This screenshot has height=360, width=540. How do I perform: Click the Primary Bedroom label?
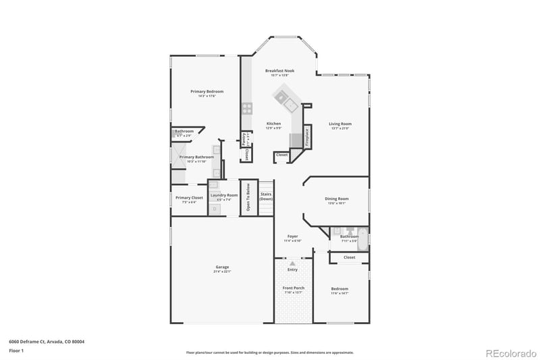207,91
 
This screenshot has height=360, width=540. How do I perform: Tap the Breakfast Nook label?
279,70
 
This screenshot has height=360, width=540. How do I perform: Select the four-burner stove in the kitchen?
247,108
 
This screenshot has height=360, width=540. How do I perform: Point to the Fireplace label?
307,136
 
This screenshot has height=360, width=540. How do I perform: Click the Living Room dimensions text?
340,129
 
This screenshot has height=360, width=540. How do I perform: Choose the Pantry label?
244,139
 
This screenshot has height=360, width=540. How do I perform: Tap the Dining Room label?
337,199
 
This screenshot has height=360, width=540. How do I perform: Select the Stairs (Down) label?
267,197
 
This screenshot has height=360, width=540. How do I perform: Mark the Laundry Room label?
223,195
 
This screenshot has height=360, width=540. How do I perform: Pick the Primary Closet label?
189,198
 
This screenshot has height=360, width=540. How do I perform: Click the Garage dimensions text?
222,272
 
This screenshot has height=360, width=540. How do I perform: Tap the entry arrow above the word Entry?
292,263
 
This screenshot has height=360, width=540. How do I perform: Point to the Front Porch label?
293,288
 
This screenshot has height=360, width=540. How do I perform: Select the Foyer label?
292,236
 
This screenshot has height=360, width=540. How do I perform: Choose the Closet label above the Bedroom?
349,257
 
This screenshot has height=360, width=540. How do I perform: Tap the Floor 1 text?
16,351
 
